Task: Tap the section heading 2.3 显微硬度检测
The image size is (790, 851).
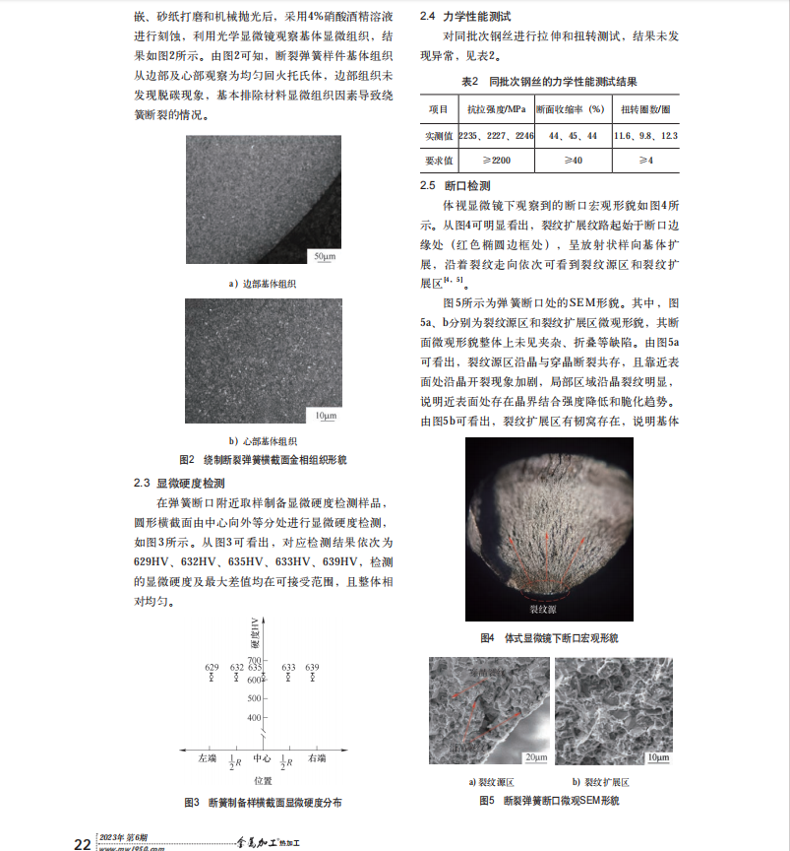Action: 179,483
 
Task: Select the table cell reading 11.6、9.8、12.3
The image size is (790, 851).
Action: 644,134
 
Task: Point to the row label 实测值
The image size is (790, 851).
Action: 439,134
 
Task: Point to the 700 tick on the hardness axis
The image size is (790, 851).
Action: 255,659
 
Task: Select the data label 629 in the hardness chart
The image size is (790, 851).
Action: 212,668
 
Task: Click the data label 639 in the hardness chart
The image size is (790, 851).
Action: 312,668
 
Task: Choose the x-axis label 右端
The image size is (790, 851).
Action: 317,757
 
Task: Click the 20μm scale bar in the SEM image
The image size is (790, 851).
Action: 534,756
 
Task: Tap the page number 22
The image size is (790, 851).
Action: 84,843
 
